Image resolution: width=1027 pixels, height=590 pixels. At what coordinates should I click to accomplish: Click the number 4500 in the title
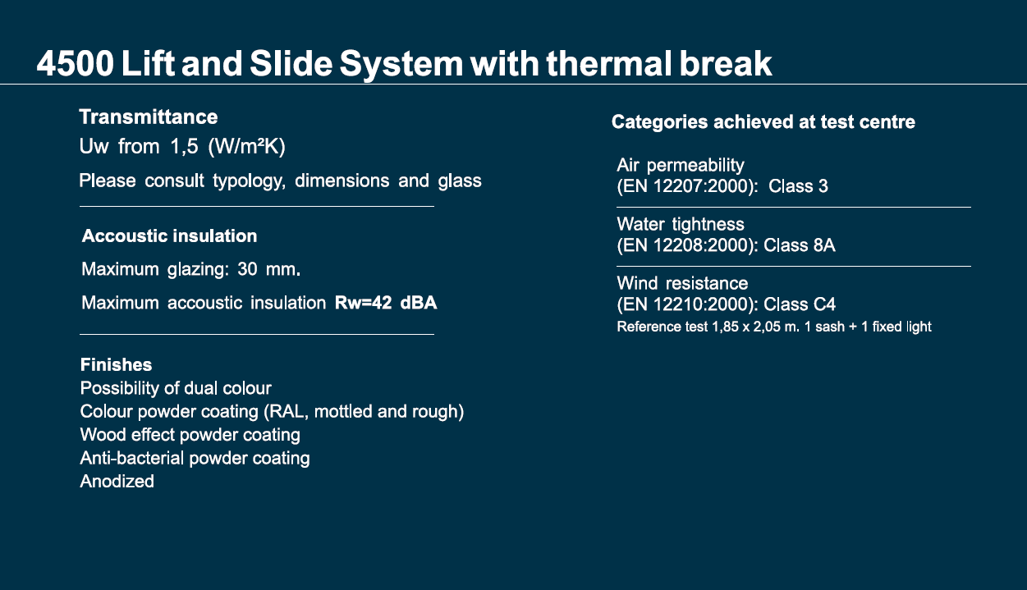point(76,63)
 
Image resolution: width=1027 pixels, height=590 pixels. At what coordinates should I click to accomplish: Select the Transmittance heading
point(149,117)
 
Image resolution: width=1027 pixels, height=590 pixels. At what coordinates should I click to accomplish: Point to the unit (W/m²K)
point(246,147)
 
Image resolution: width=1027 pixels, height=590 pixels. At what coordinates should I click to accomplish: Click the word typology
point(250,181)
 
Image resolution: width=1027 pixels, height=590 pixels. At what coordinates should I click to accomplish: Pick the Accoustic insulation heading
point(170,236)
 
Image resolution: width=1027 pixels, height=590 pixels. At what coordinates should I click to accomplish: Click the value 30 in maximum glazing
point(247,269)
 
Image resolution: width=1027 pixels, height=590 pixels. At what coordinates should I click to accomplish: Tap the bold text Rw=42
point(363,303)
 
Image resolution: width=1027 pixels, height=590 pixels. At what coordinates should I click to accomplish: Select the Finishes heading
point(116,365)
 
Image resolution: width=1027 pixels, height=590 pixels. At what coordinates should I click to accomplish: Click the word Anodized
point(117,482)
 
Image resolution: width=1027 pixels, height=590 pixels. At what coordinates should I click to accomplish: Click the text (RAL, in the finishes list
point(286,412)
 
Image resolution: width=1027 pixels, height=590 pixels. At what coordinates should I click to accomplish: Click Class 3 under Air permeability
point(798,186)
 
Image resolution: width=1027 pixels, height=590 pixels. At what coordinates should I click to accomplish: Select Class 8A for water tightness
point(799,245)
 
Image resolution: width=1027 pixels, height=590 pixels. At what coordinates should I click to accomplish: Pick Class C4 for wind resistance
point(800,304)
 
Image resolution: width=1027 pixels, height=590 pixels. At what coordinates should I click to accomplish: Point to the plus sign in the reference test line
point(853,327)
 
